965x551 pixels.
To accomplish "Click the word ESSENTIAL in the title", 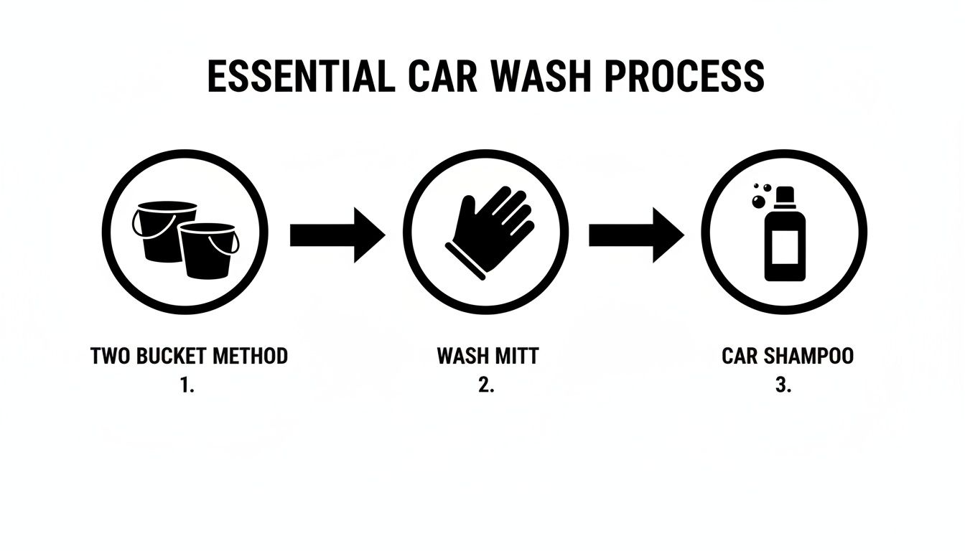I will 300,76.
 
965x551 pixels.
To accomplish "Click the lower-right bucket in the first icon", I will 208,251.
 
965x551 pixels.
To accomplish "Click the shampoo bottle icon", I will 785,237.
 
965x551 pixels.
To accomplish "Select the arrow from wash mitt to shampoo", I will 635,235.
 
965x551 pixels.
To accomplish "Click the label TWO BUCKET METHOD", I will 189,356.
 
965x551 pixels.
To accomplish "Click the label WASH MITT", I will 487,356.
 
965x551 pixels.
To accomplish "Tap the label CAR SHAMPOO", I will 788,356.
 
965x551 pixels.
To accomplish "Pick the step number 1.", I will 187,385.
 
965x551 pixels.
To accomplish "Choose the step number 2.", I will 486,385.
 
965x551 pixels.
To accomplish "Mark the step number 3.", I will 783,385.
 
